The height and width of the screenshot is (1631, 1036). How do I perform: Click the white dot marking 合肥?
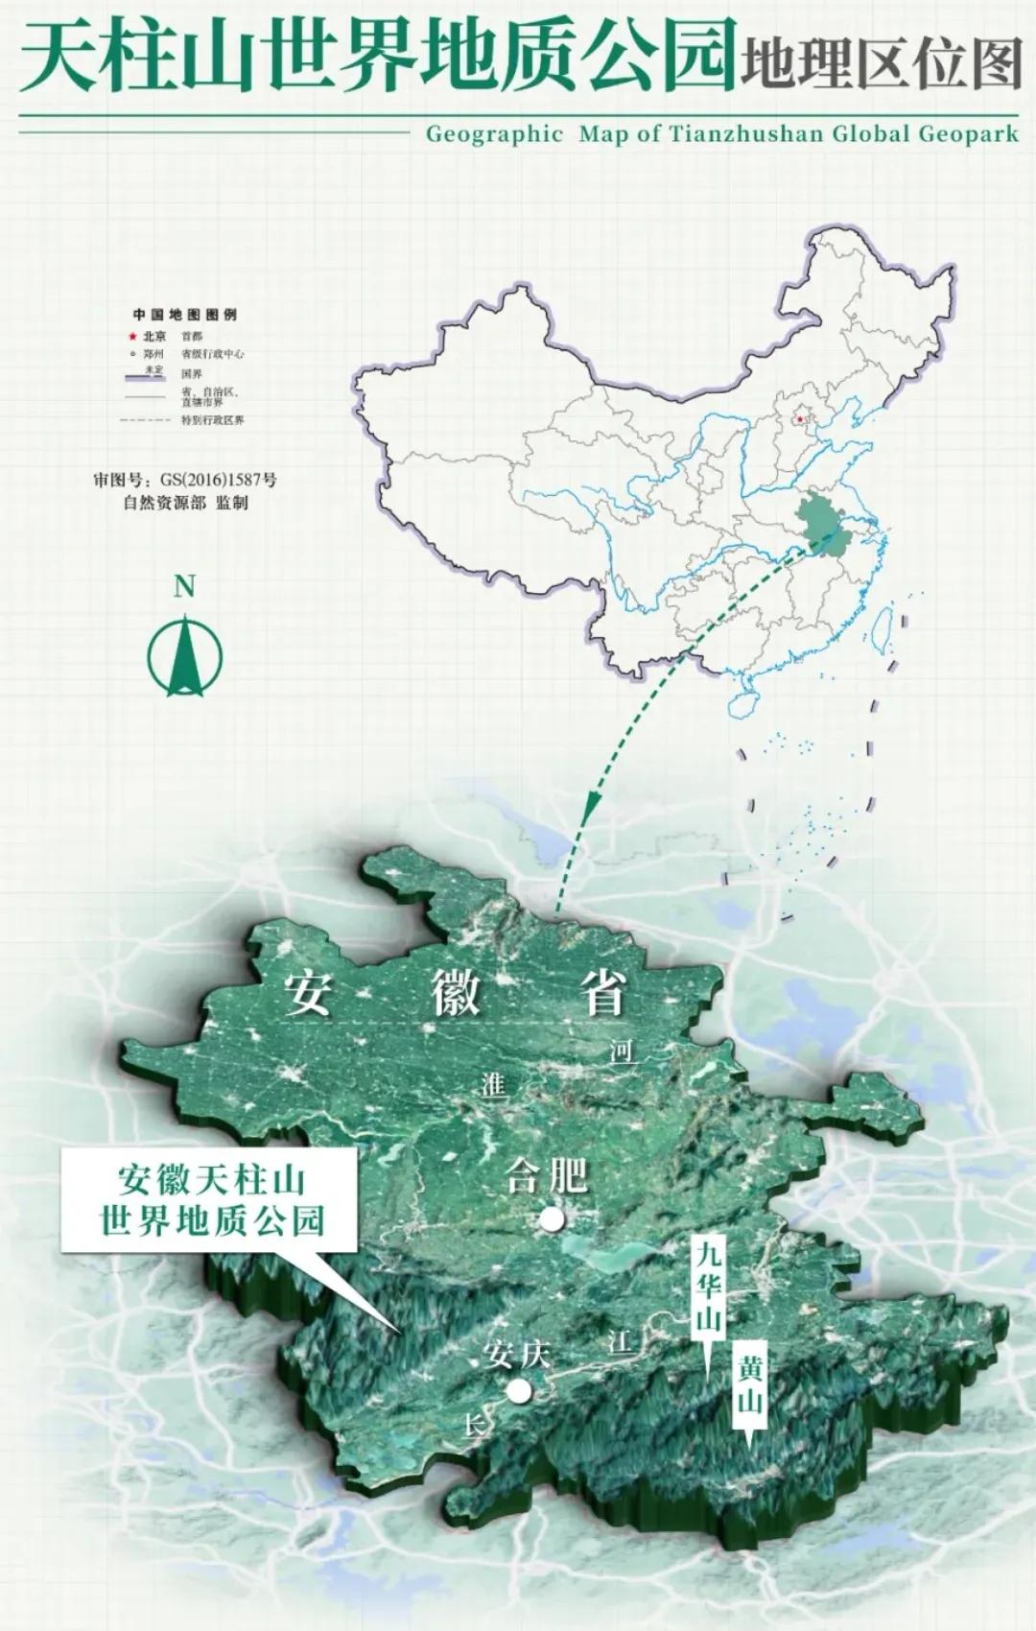552,1218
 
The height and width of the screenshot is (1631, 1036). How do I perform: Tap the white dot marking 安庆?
519,1391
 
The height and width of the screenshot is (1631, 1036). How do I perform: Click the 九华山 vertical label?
708,1286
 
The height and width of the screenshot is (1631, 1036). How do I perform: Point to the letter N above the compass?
184,587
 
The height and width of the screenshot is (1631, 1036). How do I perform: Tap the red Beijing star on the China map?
799,419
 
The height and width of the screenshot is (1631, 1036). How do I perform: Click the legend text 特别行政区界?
212,420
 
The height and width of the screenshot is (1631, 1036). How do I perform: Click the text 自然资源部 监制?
185,502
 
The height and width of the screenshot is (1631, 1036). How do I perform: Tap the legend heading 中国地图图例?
184,315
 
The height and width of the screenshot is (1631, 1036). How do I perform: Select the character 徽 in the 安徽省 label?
455,994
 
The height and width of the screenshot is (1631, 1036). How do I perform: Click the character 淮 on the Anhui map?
493,1085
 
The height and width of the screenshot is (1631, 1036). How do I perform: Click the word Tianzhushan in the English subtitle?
746,134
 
